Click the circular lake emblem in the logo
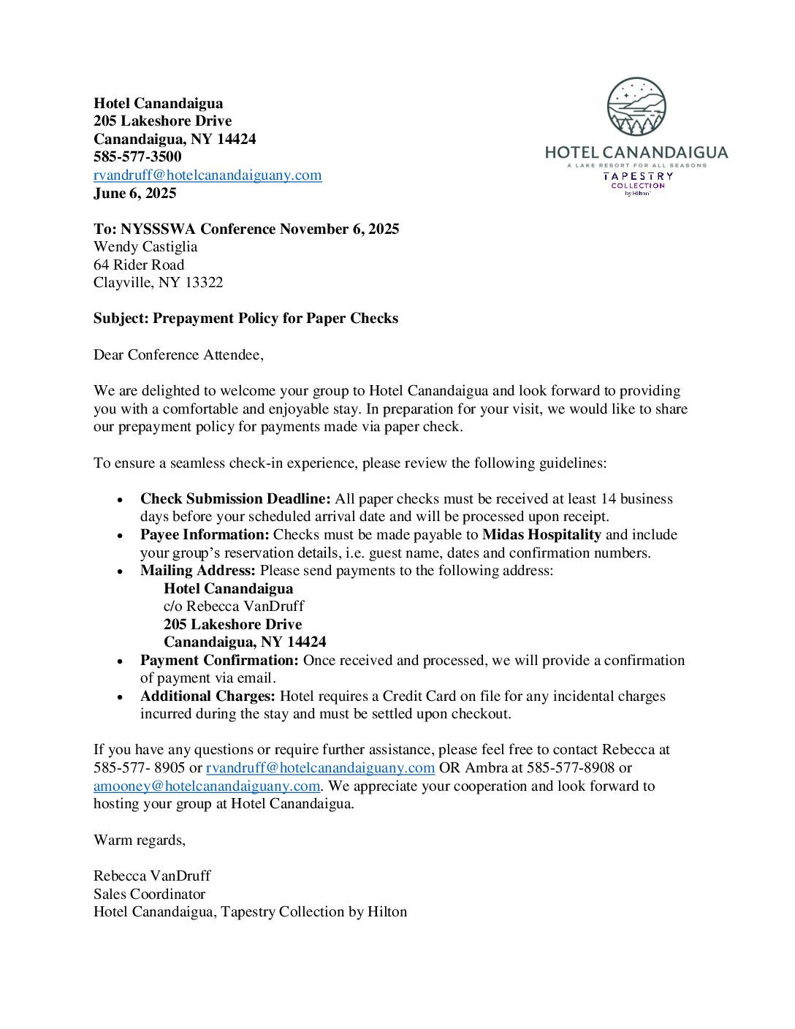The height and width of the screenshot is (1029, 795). (636, 107)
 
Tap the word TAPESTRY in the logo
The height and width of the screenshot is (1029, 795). (638, 176)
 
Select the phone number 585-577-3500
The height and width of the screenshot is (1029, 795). (137, 156)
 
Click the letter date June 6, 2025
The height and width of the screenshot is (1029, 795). (135, 193)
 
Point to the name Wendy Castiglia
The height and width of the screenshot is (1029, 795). (145, 247)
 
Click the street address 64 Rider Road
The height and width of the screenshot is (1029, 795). (139, 265)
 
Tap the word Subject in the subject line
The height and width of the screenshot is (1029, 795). (120, 319)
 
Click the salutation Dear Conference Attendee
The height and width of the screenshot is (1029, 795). (178, 354)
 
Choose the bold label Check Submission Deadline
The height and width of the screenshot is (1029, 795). (235, 499)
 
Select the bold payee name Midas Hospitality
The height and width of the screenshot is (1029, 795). (541, 535)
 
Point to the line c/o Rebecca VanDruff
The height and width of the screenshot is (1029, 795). (234, 607)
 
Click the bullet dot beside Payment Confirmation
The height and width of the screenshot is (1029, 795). (120, 661)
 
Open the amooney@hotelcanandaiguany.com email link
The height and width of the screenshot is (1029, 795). (207, 786)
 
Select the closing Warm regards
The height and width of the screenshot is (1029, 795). (140, 840)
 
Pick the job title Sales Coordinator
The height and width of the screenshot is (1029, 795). (150, 894)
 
